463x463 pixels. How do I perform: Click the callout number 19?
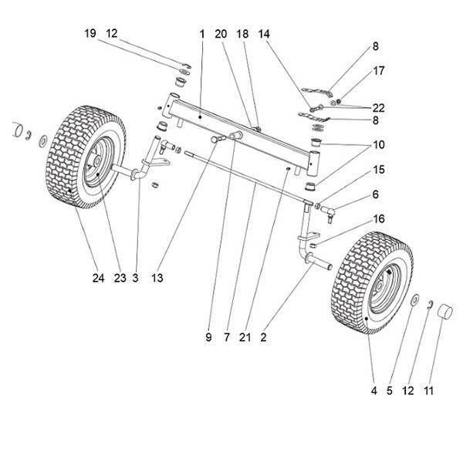click(90, 34)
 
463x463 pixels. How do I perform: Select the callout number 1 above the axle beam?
click(201, 34)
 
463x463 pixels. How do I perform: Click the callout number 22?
click(379, 107)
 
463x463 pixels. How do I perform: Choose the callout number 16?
click(377, 220)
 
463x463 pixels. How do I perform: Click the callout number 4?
click(373, 391)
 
